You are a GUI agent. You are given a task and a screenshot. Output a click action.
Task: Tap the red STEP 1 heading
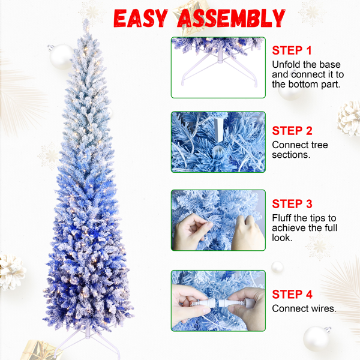click(292, 50)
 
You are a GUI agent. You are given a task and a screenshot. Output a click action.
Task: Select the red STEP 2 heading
click(292, 131)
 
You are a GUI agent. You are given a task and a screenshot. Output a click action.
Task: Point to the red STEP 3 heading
click(292, 204)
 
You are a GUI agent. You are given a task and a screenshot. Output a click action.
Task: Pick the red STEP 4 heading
click(292, 294)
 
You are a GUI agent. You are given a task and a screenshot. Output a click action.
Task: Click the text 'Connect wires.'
click(304, 309)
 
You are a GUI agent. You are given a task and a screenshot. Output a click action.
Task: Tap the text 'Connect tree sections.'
click(300, 150)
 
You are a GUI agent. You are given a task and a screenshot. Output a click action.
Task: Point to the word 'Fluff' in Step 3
click(283, 218)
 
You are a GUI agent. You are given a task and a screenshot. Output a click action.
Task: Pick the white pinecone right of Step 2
click(349, 117)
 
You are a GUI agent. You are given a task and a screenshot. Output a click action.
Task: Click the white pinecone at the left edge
click(11, 272)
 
